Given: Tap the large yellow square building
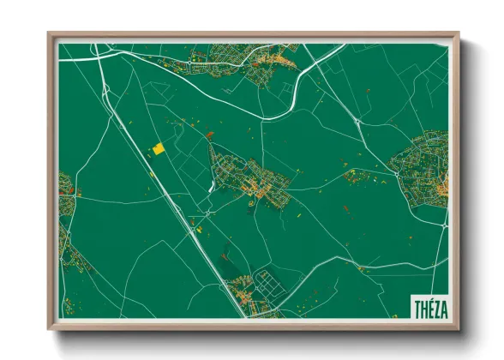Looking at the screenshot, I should pos(159,149).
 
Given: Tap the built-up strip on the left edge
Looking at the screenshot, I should pos(65,214).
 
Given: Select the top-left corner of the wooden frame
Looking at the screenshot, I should pos(50,35).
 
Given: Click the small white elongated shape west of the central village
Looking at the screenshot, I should pos(212,185).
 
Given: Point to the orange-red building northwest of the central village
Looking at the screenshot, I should pos(210,134).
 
